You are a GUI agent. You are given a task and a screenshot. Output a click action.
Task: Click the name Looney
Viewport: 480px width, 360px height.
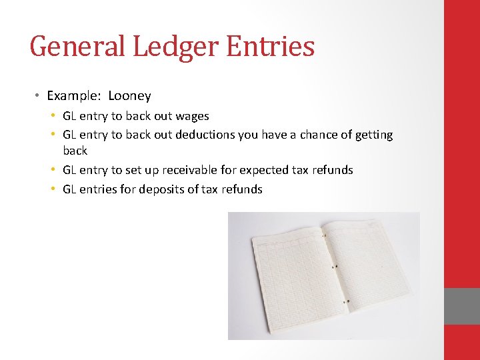tap(129, 96)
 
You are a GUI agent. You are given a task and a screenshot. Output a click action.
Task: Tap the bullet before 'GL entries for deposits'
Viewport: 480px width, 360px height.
tap(53, 189)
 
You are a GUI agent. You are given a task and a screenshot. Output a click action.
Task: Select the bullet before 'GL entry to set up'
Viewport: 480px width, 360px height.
tap(53, 170)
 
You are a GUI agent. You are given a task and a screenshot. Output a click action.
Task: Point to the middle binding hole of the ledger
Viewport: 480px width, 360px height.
tap(336, 267)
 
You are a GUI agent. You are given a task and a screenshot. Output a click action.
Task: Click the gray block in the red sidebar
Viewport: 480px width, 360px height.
tap(462, 306)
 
